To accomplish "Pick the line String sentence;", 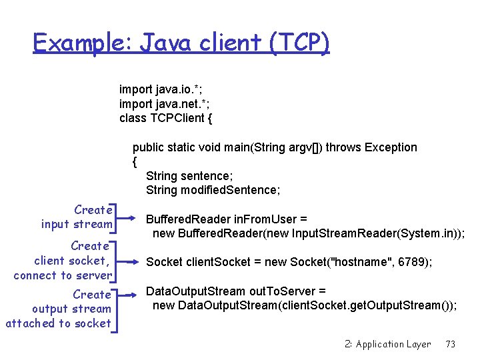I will click(x=189, y=176).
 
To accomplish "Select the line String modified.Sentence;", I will click(x=213, y=190).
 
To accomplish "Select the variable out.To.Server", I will click(x=277, y=291).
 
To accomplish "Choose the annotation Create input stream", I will click(x=76, y=217).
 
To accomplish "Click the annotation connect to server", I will click(x=62, y=275).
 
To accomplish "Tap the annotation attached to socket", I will click(x=58, y=323).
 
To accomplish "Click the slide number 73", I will click(x=450, y=344).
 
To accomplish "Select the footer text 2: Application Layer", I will click(x=387, y=344).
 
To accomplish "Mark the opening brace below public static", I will click(x=135, y=161).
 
